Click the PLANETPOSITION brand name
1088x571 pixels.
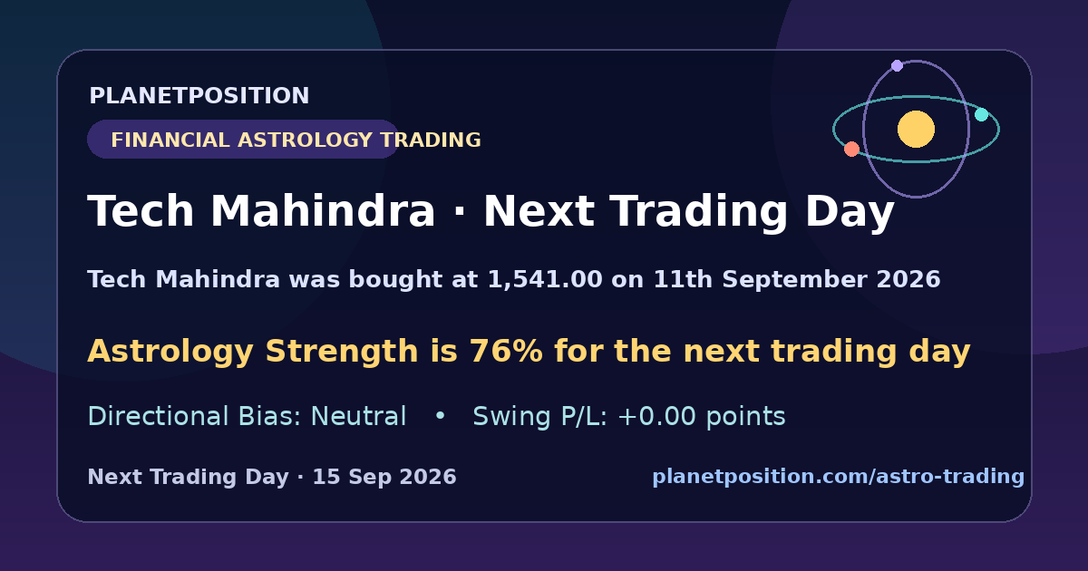click(199, 96)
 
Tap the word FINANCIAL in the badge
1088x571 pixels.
click(170, 140)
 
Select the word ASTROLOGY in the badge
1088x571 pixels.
click(305, 140)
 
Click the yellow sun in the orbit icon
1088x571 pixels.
click(916, 129)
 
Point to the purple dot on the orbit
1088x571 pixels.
click(897, 65)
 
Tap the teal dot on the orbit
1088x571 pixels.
click(982, 114)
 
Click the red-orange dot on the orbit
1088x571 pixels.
click(851, 149)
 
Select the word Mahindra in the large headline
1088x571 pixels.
click(323, 210)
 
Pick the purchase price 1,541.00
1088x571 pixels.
click(545, 280)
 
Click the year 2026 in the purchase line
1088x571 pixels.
click(908, 280)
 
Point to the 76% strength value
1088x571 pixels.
click(506, 351)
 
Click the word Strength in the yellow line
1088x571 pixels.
click(342, 351)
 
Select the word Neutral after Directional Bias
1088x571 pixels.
click(358, 416)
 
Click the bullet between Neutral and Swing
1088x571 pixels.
click(440, 416)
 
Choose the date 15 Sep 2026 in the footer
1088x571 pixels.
click(384, 477)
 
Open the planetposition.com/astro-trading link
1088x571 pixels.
click(839, 477)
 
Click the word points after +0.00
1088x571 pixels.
click(745, 417)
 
